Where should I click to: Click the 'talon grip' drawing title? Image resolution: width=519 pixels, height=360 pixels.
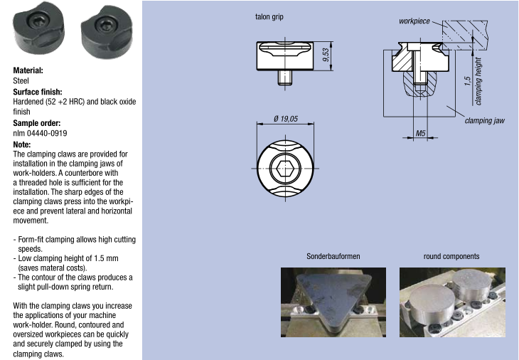269,17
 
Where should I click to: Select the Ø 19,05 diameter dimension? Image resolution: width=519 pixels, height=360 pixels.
286,119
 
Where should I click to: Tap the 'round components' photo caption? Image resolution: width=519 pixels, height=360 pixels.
451,256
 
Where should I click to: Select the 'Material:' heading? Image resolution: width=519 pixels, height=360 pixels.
28,70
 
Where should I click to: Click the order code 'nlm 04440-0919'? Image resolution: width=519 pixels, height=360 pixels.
41,133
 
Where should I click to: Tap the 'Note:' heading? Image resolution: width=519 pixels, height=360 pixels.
23,144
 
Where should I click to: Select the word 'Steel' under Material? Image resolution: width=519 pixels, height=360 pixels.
21,81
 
